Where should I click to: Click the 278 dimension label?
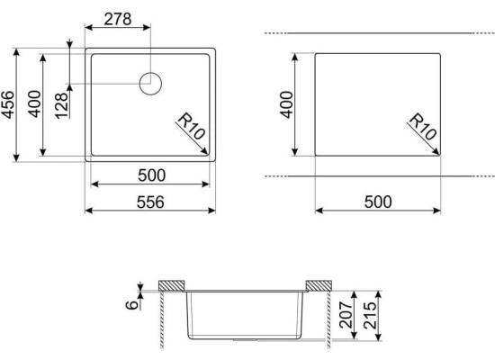click(x=118, y=19)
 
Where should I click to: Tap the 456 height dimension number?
click(x=7, y=104)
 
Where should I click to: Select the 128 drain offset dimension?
click(x=61, y=105)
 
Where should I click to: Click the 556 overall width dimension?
click(x=150, y=202)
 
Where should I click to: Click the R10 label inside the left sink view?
click(x=192, y=126)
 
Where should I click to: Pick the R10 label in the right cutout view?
click(x=423, y=126)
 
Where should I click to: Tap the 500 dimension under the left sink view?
click(x=151, y=175)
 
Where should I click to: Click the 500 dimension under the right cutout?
click(x=378, y=202)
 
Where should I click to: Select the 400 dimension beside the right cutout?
click(x=286, y=104)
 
